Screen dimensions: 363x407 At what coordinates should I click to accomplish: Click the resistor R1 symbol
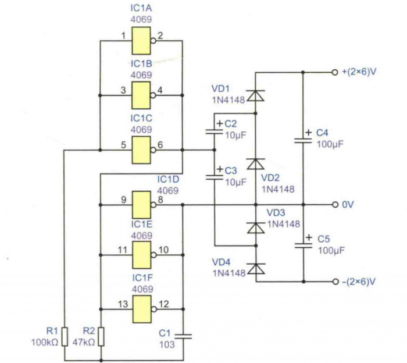point(65,336)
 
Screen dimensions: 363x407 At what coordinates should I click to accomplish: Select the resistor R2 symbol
point(101,336)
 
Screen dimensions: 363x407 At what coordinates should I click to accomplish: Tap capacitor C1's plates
point(183,335)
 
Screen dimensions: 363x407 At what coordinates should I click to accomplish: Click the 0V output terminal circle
point(335,205)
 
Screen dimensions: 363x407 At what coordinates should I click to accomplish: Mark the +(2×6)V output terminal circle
point(335,73)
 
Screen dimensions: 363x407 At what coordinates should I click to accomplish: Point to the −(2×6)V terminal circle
point(335,282)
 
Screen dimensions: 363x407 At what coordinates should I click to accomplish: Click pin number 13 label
point(123,303)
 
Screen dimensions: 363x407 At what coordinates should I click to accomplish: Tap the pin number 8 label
point(160,200)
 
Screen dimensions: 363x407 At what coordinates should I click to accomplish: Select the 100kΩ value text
point(45,343)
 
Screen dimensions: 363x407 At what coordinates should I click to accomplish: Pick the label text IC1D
point(167,179)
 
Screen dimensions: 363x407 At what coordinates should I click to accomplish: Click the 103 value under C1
point(167,344)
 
